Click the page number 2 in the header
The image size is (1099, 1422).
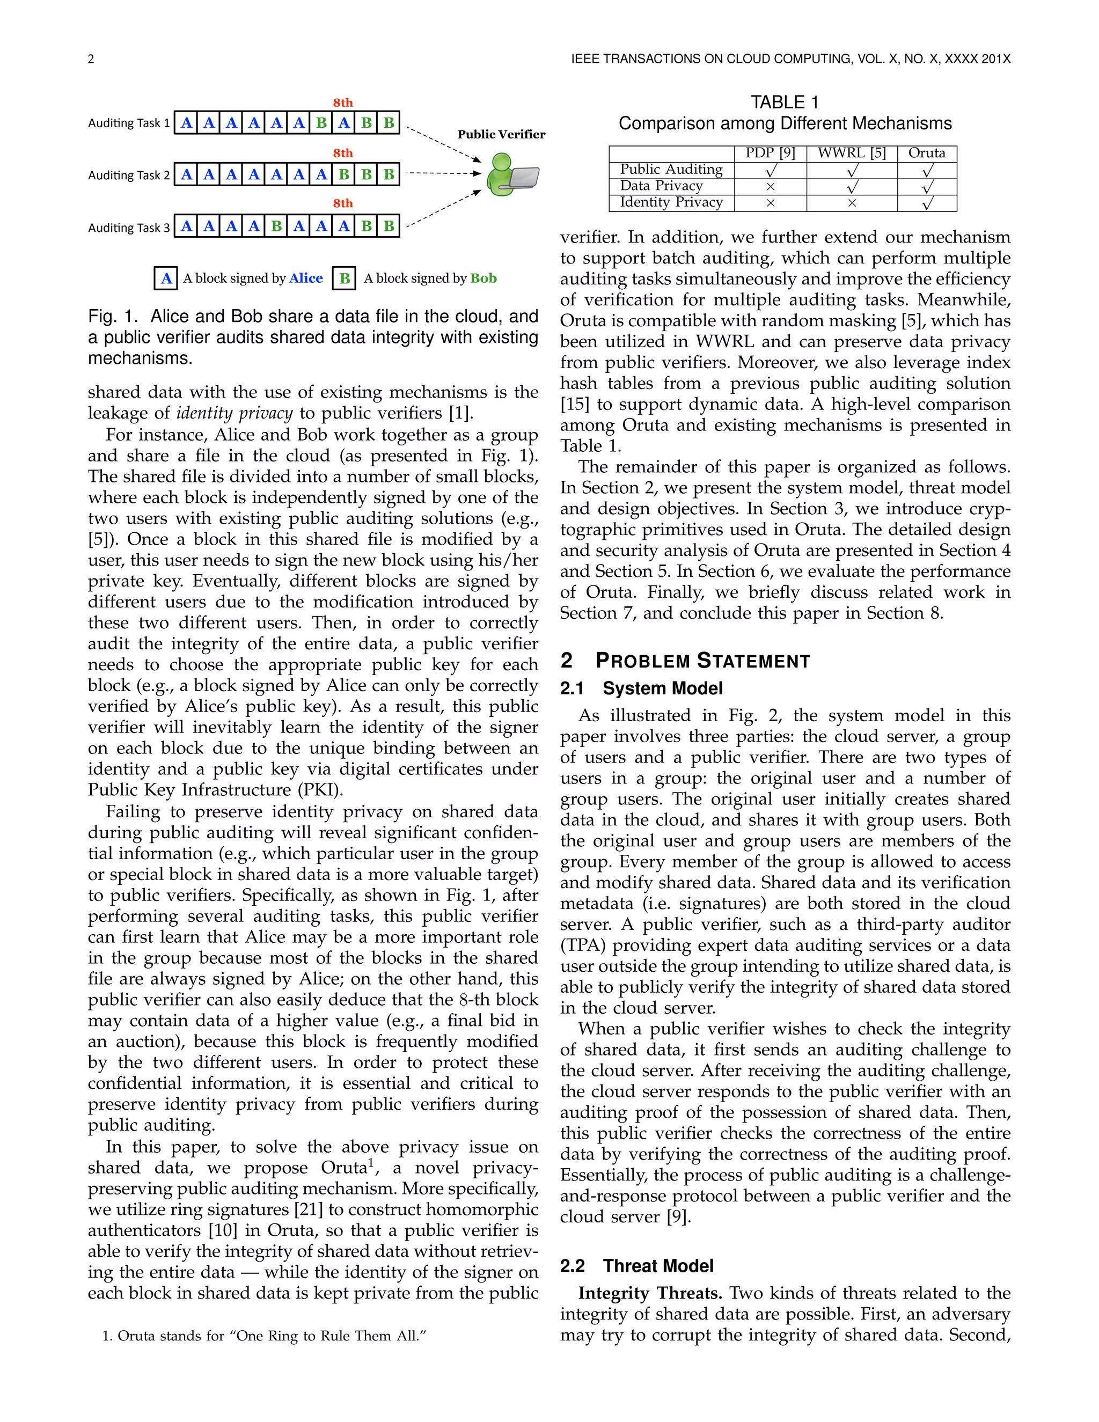91,59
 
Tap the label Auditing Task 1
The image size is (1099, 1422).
129,123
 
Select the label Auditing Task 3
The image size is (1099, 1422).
129,228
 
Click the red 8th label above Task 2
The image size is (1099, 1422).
343,153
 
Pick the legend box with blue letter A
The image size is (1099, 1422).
166,278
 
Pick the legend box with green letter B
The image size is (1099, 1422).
345,278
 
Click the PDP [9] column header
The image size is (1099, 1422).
770,153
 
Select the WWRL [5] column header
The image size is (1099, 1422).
852,153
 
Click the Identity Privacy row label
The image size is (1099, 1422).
671,202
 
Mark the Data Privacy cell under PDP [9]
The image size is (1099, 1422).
770,187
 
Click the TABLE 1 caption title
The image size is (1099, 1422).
785,102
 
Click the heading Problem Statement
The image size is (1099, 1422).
702,661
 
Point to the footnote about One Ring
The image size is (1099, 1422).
263,1336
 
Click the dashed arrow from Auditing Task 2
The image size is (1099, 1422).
443,173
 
